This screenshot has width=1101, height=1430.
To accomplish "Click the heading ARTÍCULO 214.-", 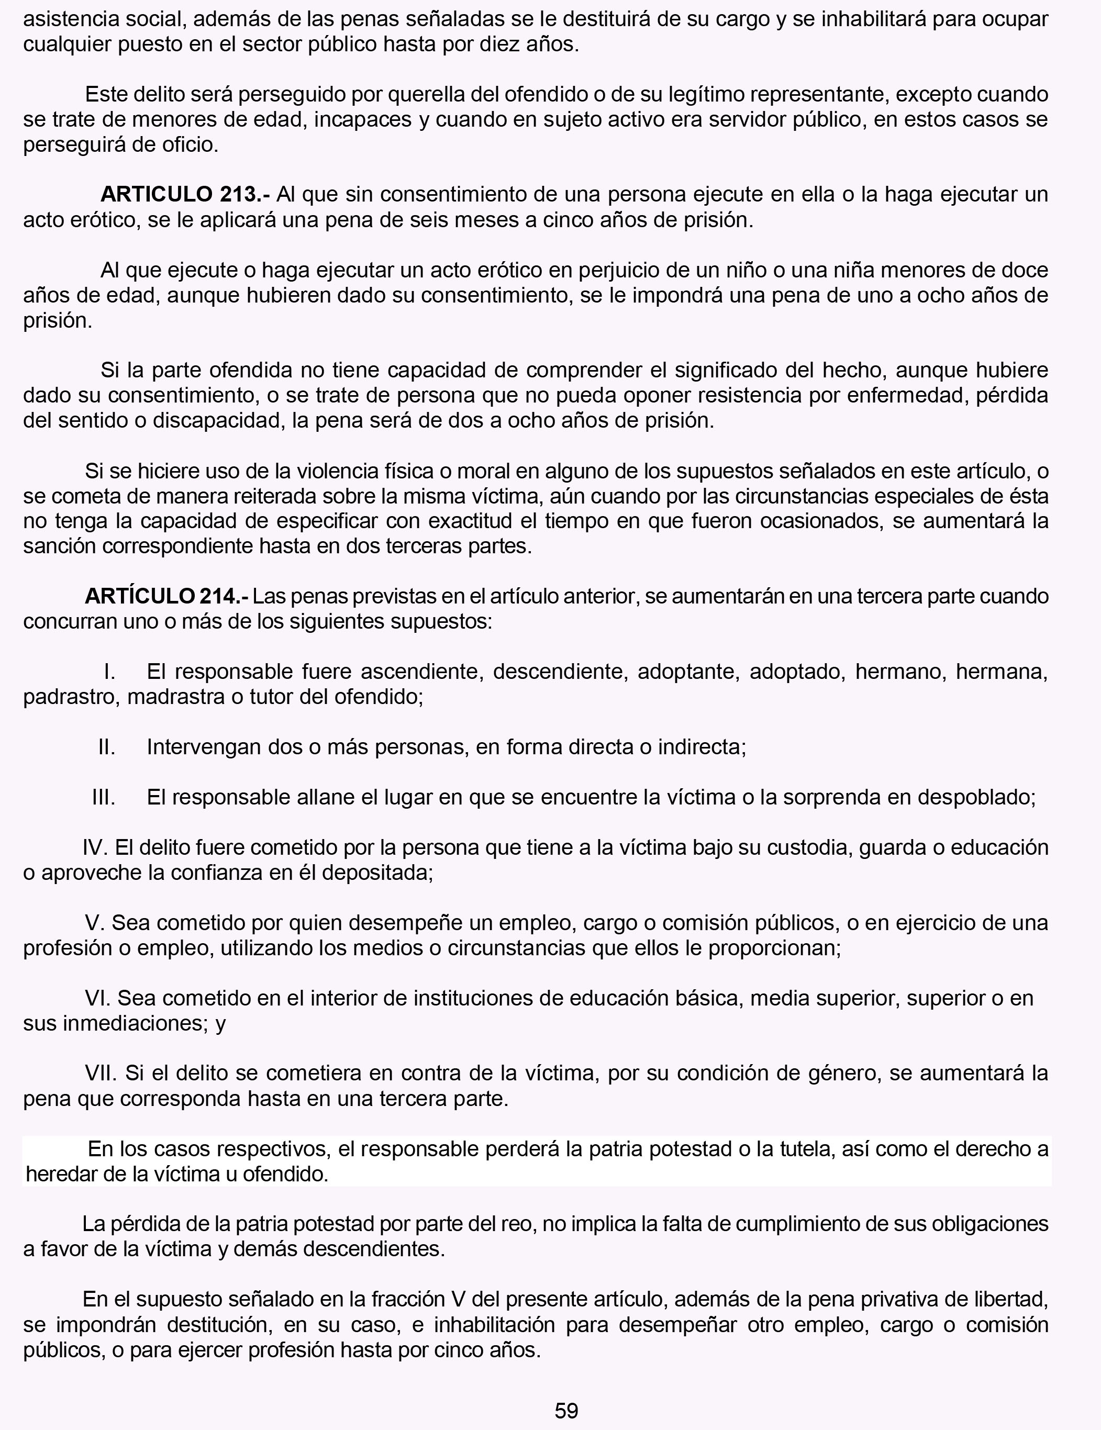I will tap(166, 597).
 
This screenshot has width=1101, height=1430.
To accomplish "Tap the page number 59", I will tap(566, 1410).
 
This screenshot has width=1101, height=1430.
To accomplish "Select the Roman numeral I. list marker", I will tap(109, 672).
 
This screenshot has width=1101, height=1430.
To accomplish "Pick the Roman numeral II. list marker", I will tap(107, 747).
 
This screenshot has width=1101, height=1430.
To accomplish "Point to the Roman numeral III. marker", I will tap(104, 798).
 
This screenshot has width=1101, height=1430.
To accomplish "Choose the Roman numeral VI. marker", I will tap(100, 999).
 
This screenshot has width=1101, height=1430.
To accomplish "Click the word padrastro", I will tap(71, 697).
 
